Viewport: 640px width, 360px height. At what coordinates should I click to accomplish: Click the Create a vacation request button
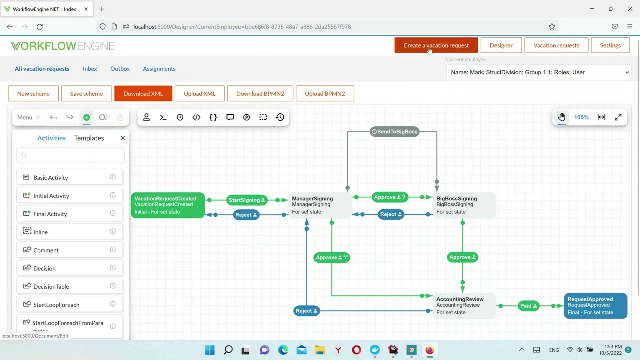[436, 45]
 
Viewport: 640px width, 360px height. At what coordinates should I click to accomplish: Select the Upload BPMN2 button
[325, 94]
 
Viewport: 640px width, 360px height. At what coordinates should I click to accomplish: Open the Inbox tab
[90, 69]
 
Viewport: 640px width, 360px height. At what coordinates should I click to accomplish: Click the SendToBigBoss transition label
[395, 132]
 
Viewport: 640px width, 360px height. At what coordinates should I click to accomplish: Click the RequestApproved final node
[595, 306]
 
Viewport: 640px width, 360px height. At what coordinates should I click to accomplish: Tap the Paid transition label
[528, 306]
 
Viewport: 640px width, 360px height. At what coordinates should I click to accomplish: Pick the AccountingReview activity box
[462, 306]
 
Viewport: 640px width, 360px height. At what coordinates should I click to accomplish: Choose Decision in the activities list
[44, 268]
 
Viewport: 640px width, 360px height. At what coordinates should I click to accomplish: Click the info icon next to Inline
[113, 231]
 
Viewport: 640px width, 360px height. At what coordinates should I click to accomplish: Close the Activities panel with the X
[123, 138]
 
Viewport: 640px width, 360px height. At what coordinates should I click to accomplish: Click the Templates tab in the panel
[89, 138]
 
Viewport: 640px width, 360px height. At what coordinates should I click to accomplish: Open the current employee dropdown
[539, 72]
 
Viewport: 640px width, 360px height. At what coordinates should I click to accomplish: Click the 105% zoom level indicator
[581, 117]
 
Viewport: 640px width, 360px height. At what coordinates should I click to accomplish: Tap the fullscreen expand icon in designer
[618, 117]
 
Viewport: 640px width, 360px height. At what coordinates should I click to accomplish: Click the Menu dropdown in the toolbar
[28, 117]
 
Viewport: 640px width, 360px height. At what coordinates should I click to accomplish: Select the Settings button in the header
[610, 45]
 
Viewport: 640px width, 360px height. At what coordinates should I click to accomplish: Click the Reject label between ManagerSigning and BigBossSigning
[391, 214]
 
